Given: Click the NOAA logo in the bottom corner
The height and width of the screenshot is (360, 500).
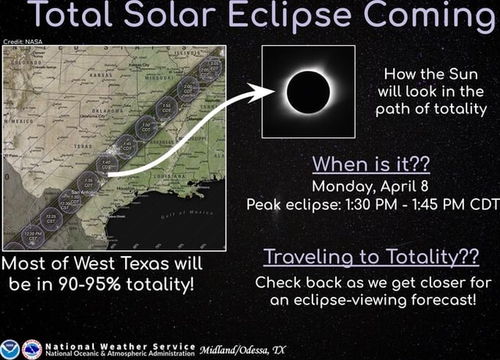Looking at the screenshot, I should (11, 348).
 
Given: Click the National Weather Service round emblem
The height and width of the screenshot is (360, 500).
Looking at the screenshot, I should (32, 348).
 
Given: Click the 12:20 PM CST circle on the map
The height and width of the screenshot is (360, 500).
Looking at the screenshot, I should (33, 233).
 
